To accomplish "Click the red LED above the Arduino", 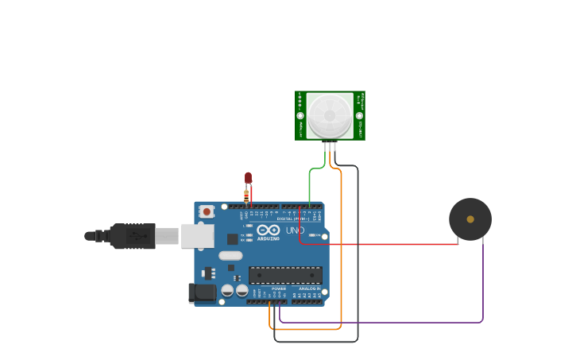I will [248, 177].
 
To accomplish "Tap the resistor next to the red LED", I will [246, 195].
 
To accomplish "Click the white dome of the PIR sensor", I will [330, 115].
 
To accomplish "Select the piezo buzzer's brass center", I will [470, 219].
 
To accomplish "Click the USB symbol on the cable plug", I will [137, 236].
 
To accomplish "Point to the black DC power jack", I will [202, 292].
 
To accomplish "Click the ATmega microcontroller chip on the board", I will [285, 275].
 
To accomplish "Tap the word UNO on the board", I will [295, 230].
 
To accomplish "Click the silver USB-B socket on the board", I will [197, 235].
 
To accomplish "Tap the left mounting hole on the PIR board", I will [300, 116].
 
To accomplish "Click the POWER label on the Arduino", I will [278, 288].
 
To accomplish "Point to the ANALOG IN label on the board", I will [309, 288].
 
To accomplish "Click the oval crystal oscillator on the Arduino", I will [230, 256].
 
